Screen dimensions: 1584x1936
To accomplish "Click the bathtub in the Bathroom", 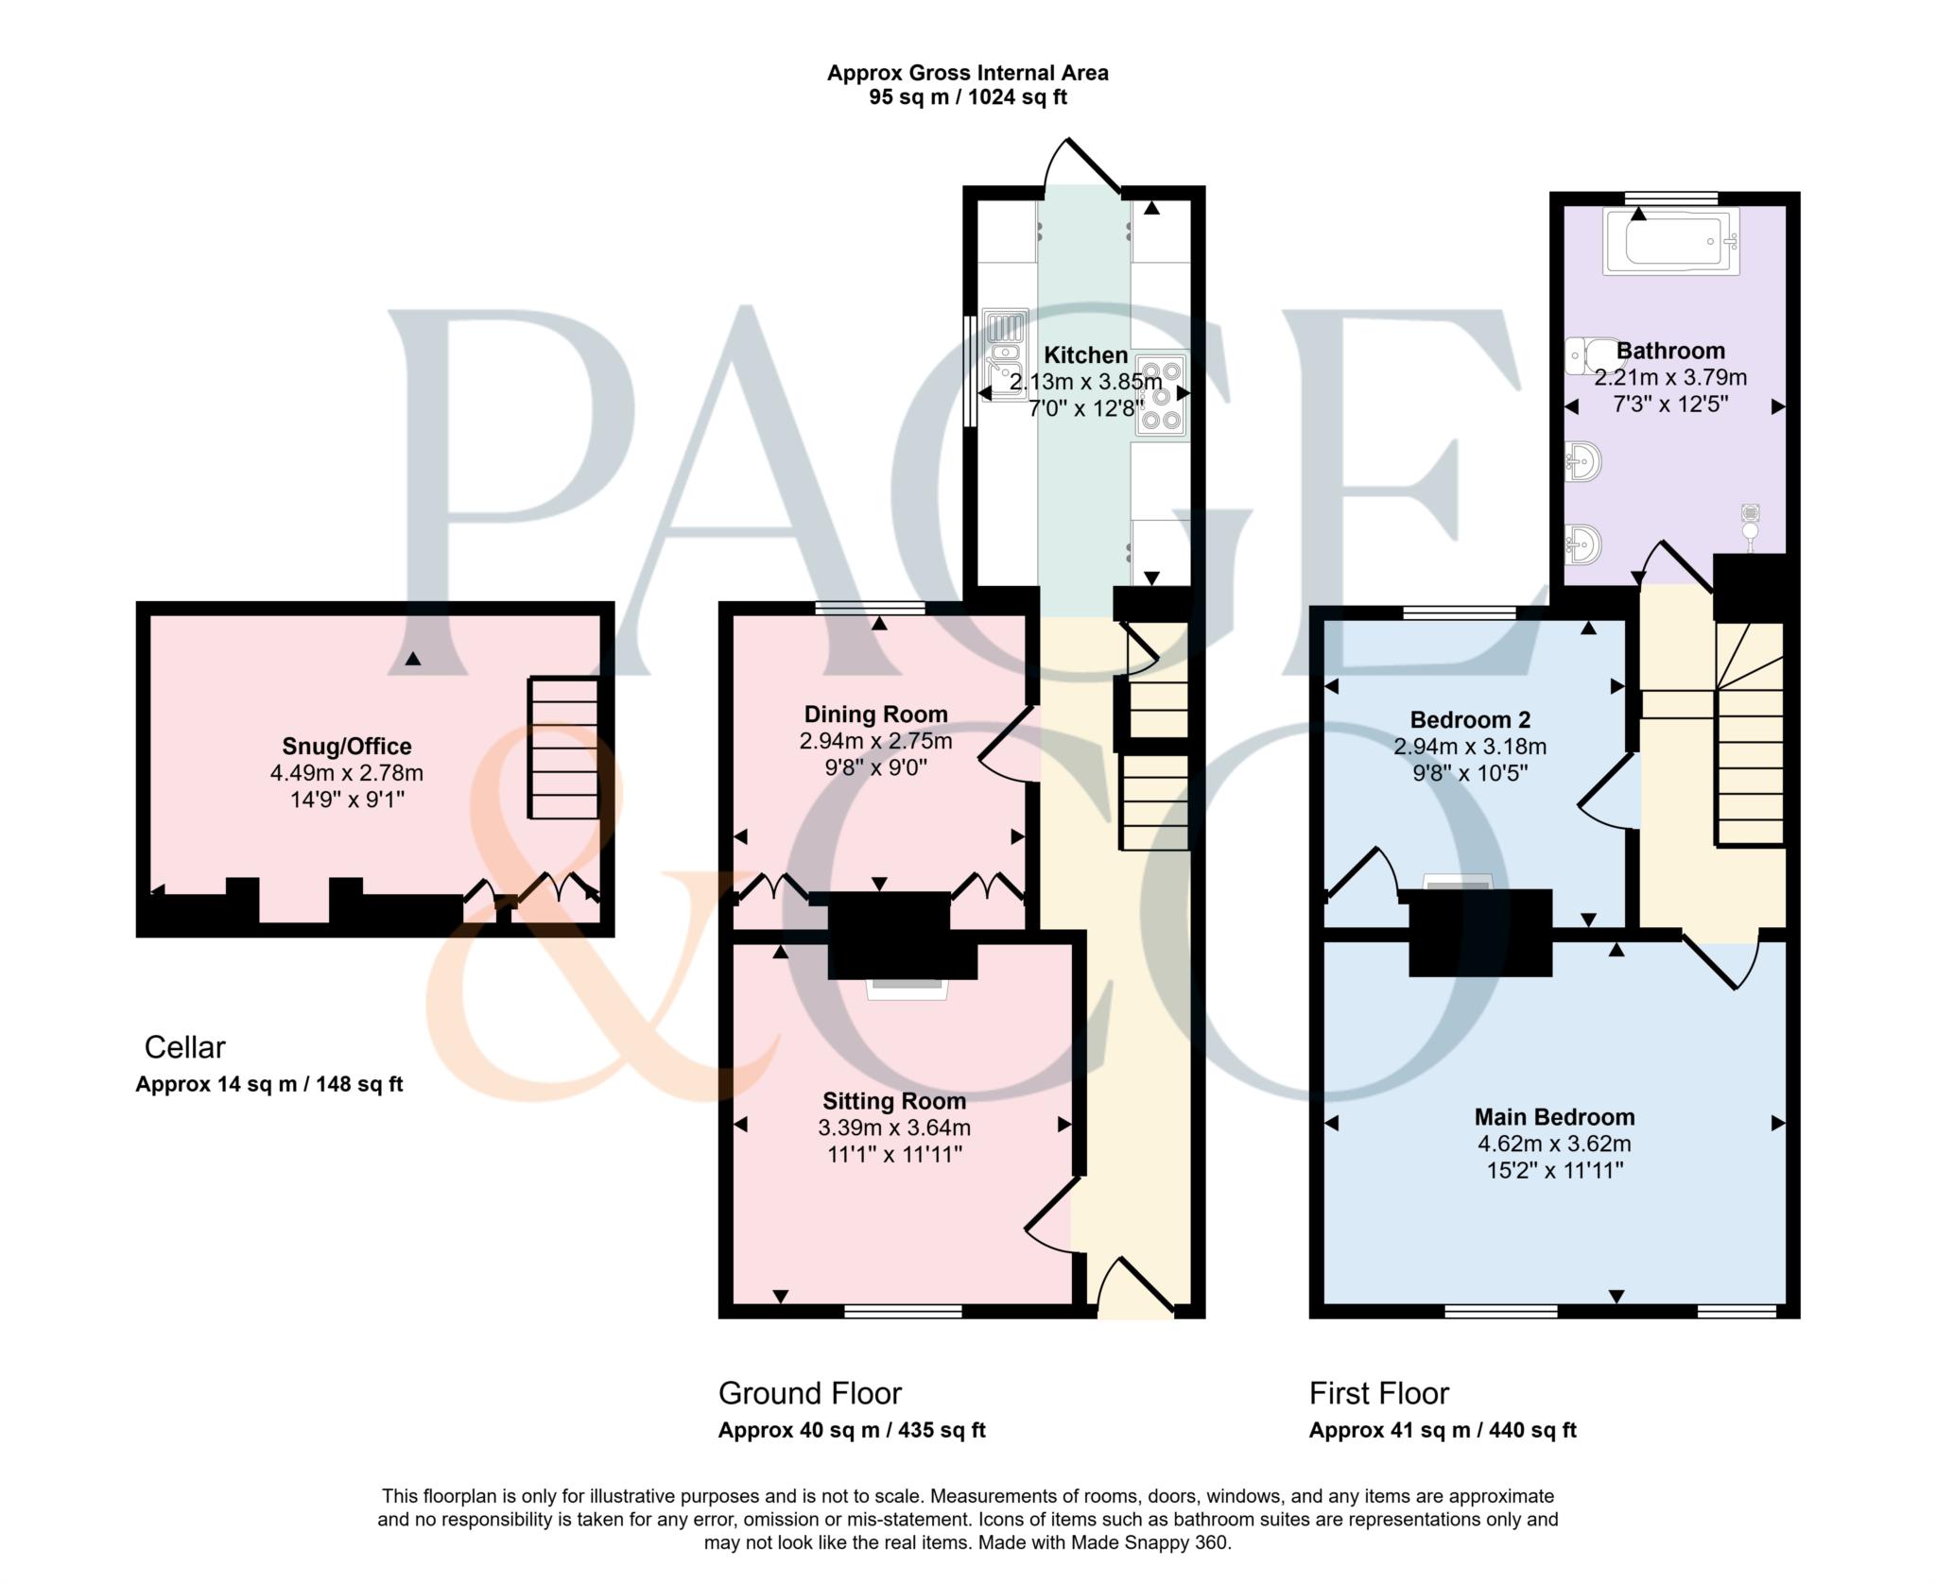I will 1670,242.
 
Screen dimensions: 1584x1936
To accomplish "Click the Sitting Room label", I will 893,1101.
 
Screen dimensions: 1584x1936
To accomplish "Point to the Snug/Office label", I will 346,746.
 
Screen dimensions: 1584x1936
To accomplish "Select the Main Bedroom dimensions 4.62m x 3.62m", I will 1554,1144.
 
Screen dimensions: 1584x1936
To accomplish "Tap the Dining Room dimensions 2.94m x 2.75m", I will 875,741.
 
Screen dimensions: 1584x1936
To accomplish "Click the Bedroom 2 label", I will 1469,719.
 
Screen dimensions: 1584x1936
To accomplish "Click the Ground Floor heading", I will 809,1393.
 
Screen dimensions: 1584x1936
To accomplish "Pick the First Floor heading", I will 1378,1393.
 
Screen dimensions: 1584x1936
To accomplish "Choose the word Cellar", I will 184,1047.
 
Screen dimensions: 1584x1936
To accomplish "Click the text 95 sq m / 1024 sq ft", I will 967,97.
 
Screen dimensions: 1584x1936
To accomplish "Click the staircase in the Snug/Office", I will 563,748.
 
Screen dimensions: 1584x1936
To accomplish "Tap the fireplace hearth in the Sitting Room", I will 907,989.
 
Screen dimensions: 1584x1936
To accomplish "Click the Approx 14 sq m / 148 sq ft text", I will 268,1084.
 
